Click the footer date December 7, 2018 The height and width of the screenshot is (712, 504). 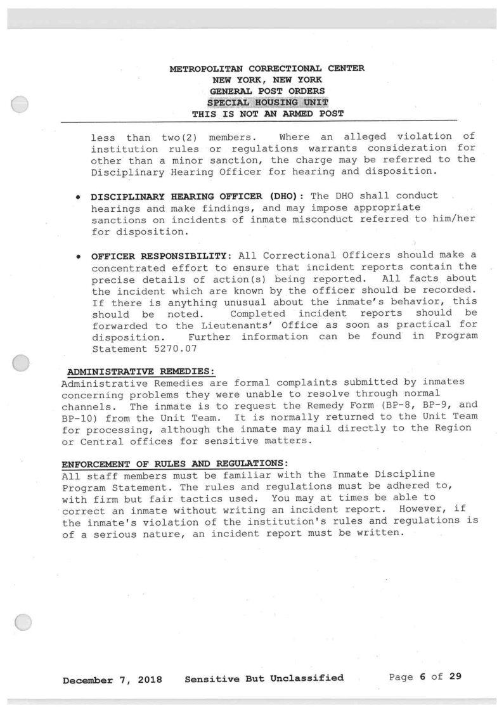coord(112,678)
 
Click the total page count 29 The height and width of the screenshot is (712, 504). coord(455,677)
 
